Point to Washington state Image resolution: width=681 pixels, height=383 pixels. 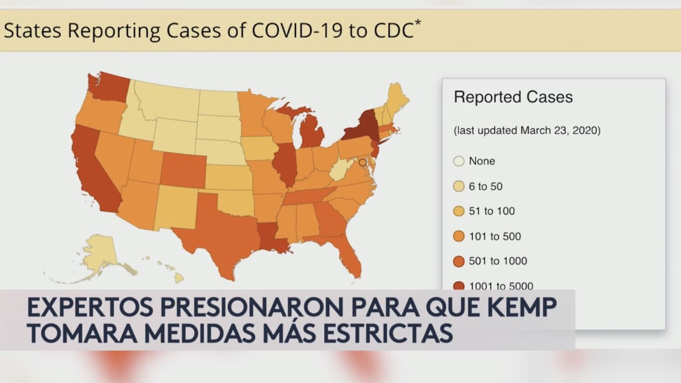tap(109, 88)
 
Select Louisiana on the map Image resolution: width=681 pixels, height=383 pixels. tap(271, 237)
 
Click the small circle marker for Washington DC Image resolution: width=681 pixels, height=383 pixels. tap(362, 162)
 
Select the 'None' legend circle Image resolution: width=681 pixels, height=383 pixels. tap(459, 161)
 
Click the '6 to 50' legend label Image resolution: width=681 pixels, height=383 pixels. tap(485, 186)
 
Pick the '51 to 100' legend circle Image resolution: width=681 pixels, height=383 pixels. tap(459, 211)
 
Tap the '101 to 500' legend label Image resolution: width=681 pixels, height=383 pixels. tap(495, 236)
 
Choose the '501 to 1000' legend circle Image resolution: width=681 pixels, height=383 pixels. tap(459, 261)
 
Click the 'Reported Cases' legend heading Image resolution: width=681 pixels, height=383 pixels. tap(513, 97)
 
